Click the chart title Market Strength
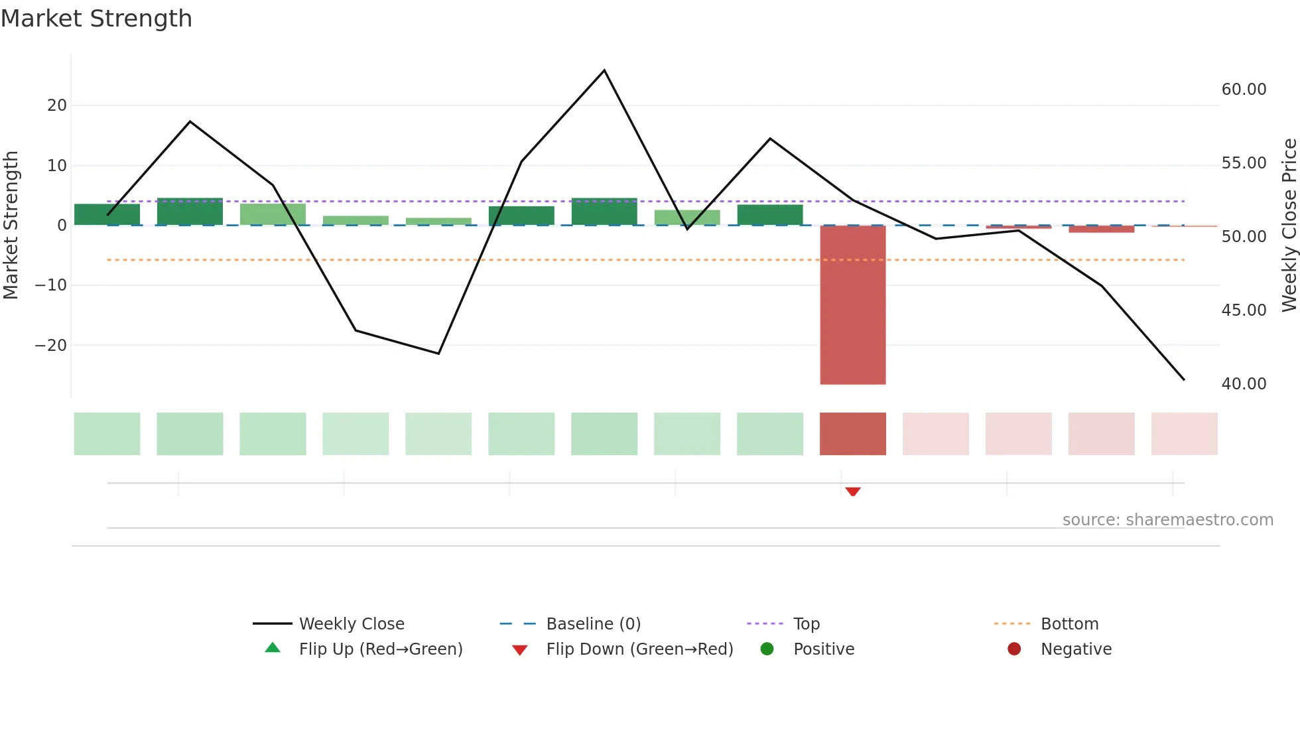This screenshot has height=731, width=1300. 96,19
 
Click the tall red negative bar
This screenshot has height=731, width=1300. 852,305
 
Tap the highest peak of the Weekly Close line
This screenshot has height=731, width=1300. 604,70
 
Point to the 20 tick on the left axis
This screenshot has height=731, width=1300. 57,105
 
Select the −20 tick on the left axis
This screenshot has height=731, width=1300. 51,346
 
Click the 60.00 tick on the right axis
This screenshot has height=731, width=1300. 1244,90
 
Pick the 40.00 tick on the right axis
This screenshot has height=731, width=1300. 1244,384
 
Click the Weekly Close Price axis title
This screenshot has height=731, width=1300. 1289,226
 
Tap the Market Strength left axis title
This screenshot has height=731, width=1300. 11,226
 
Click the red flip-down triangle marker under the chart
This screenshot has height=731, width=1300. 853,492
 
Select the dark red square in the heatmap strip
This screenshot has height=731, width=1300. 852,434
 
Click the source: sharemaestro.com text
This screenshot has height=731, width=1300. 1167,520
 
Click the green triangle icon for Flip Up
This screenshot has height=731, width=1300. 273,648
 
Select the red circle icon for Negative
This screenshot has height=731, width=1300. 1014,649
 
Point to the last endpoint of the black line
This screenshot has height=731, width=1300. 1184,379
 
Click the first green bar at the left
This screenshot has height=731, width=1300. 107,214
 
